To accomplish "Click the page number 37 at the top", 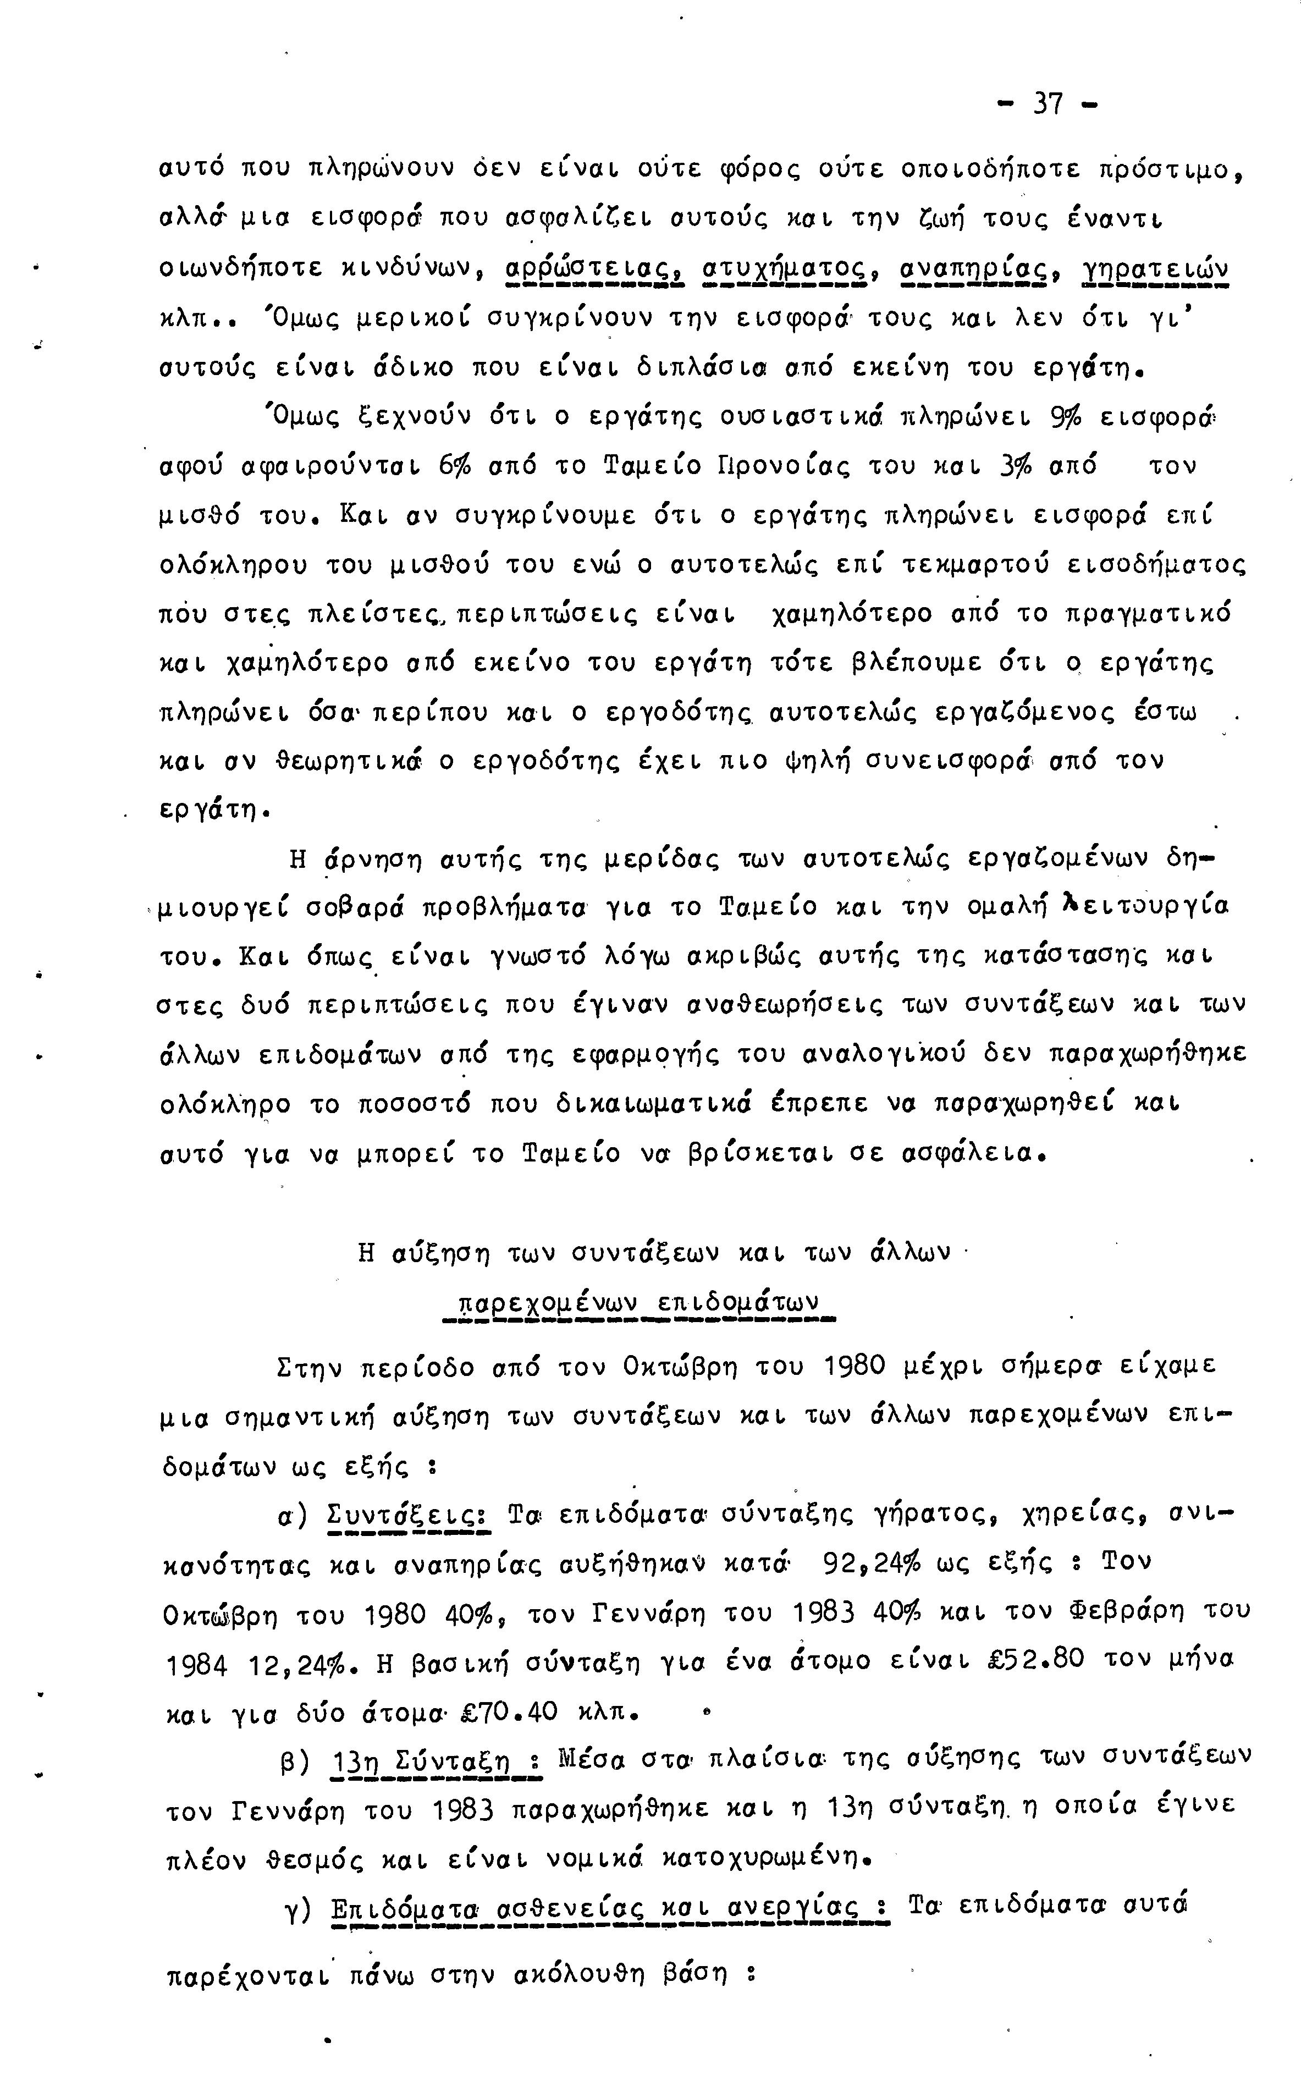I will point(1047,104).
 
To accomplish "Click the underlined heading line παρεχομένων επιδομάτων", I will point(638,1302).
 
